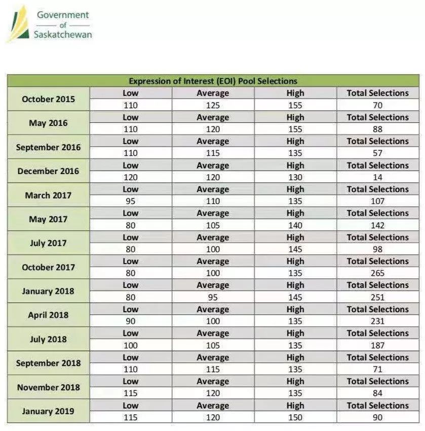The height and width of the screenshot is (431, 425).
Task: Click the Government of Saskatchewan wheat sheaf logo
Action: pos(18,24)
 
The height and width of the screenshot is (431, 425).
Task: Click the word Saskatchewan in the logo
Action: pos(63,35)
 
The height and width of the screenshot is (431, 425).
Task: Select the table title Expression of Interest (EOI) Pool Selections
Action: pos(213,81)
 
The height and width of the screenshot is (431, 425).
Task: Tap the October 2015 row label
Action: pos(48,99)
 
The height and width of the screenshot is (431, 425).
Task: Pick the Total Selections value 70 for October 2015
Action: pos(377,106)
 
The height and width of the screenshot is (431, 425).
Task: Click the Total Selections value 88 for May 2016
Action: pos(377,129)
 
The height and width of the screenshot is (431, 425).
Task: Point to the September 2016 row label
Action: pos(48,147)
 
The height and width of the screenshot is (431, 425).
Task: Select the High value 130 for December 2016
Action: pos(295,177)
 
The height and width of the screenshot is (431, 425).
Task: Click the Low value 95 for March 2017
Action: pos(130,201)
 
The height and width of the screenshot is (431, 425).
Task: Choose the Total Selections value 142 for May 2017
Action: pos(377,225)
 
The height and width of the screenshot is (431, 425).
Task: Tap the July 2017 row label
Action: pos(48,243)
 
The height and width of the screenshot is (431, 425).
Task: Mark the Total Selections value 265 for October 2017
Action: pos(377,273)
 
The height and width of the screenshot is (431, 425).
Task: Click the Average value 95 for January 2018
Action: pos(213,297)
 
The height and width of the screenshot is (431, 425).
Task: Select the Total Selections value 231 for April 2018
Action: pos(377,321)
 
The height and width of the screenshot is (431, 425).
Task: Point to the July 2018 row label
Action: pos(48,339)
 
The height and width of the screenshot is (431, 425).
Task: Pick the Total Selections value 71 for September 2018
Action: pos(377,369)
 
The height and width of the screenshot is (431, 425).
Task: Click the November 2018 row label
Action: pos(48,387)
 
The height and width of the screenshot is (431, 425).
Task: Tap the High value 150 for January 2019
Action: pos(295,417)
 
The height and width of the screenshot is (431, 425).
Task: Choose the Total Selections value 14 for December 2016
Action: pos(377,177)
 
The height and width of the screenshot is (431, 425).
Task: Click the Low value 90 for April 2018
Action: pos(130,321)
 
